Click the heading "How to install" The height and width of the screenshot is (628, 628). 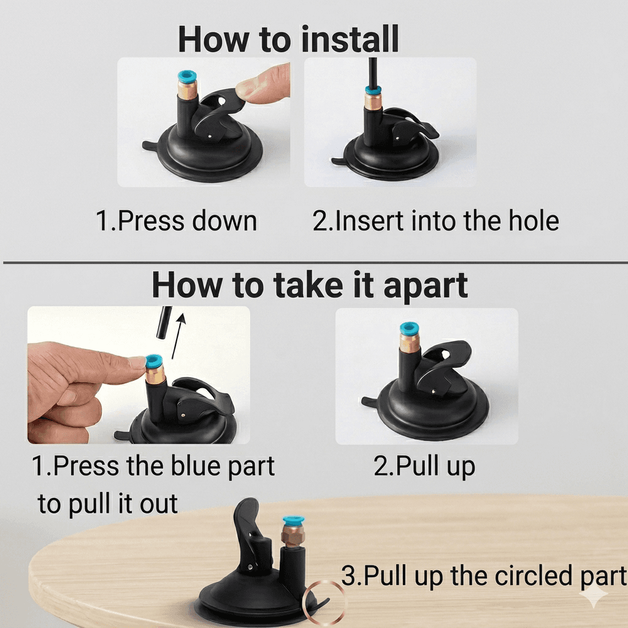[288, 39]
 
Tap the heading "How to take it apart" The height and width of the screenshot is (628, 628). [310, 286]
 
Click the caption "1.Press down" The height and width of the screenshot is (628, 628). [176, 221]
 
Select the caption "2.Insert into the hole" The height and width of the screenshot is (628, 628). [435, 221]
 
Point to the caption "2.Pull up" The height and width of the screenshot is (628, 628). [424, 467]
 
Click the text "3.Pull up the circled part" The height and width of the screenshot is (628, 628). [484, 576]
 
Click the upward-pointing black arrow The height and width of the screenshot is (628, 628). [178, 336]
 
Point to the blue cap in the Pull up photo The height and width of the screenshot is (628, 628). [409, 329]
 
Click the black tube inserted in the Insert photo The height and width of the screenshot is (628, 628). [372, 73]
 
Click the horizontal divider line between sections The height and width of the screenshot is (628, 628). [315, 262]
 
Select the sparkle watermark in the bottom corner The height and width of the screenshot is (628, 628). [594, 595]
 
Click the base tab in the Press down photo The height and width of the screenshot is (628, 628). [151, 146]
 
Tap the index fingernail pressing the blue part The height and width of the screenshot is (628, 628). [137, 362]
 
